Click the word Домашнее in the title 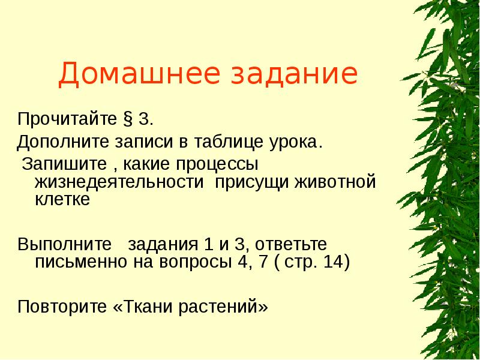pyautogui.click(x=125, y=74)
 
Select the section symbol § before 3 pyautogui.click(x=128, y=119)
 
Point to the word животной pyautogui.click(x=335, y=182)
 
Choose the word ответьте pyautogui.click(x=287, y=245)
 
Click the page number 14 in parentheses pyautogui.click(x=333, y=263)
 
